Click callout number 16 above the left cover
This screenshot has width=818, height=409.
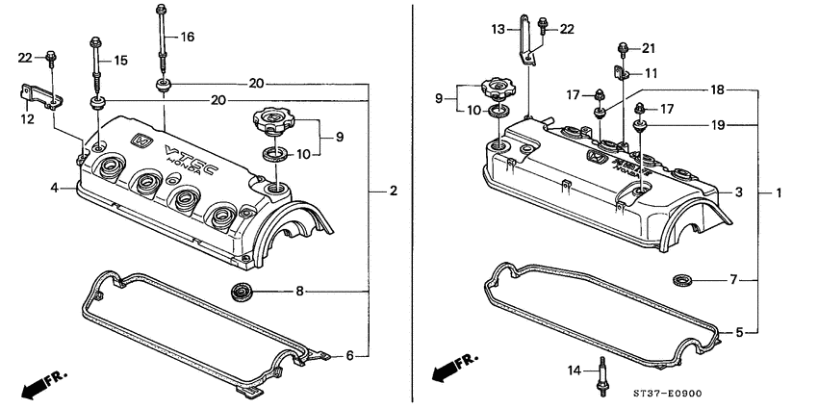pyautogui.click(x=187, y=38)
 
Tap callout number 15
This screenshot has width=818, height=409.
pyautogui.click(x=120, y=61)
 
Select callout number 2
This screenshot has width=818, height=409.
pyautogui.click(x=393, y=192)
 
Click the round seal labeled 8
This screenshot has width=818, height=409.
pyautogui.click(x=242, y=290)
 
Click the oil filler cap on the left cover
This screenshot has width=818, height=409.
pyautogui.click(x=270, y=122)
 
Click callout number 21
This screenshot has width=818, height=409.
pyautogui.click(x=648, y=48)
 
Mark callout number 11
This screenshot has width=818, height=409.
pyautogui.click(x=651, y=73)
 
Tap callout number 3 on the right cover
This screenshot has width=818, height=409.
pyautogui.click(x=738, y=193)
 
